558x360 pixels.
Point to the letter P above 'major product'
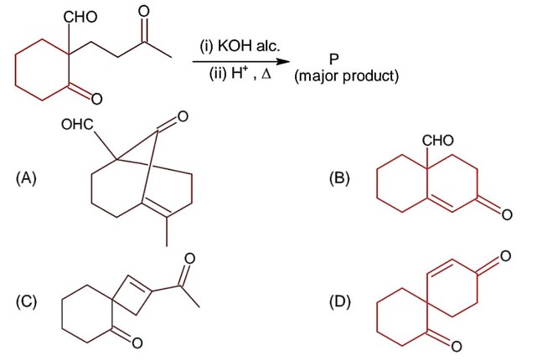pyautogui.click(x=334, y=59)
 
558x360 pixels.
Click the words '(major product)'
pyautogui.click(x=346, y=77)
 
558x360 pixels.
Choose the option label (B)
pyautogui.click(x=342, y=178)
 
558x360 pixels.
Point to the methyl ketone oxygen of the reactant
pyautogui.click(x=144, y=13)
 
